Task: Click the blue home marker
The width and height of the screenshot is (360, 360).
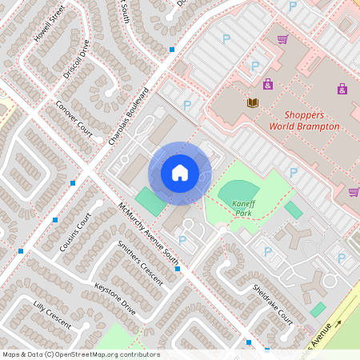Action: [180, 173]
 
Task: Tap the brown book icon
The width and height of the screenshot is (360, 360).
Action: [253, 102]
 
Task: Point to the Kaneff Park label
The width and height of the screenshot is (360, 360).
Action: [243, 207]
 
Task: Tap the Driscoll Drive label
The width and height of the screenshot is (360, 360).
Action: [77, 62]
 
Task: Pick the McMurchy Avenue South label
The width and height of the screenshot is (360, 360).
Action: [148, 233]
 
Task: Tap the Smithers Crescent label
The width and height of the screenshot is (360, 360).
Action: [139, 263]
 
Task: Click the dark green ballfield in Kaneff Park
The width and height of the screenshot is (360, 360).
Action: [234, 190]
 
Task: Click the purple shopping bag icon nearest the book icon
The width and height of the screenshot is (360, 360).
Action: [267, 83]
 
